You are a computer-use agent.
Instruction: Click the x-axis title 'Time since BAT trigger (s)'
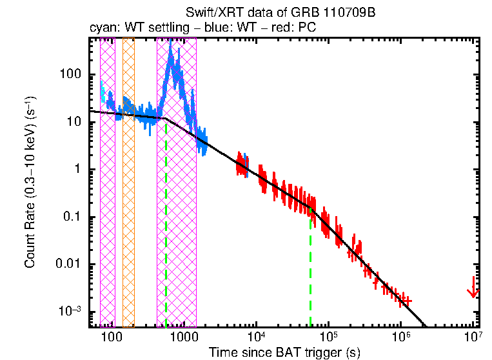pyautogui.click(x=284, y=352)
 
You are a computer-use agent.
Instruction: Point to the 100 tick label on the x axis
pyautogui.click(x=113, y=338)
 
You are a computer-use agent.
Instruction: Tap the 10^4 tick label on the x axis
pyautogui.click(x=257, y=337)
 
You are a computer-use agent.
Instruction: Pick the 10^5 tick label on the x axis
pyautogui.click(x=329, y=337)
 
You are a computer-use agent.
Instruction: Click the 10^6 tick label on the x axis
pyautogui.click(x=401, y=337)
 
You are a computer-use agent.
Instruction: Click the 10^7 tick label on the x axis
pyautogui.click(x=473, y=337)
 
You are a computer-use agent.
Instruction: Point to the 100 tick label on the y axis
pyautogui.click(x=79, y=74)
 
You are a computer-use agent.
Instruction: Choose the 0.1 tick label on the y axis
pyautogui.click(x=80, y=217)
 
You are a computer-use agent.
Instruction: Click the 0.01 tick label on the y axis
pyautogui.click(x=77, y=264)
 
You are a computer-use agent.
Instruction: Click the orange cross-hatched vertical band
pyautogui.click(x=128, y=181)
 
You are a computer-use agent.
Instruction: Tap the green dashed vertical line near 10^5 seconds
pyautogui.click(x=310, y=271)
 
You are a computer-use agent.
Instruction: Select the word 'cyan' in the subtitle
pyautogui.click(x=101, y=28)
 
